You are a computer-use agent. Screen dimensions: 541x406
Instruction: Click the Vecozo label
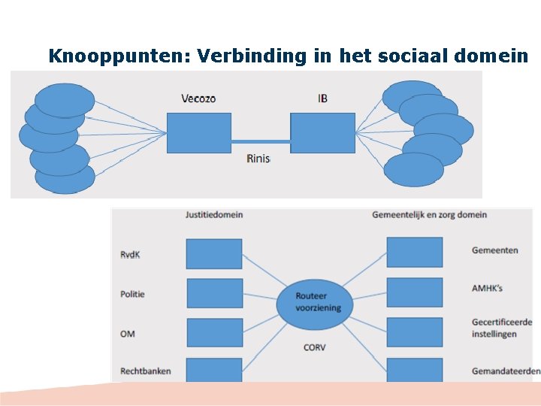(x=198, y=98)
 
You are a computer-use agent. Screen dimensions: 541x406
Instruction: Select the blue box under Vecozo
(x=198, y=133)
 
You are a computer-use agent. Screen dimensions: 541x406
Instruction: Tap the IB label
(x=322, y=98)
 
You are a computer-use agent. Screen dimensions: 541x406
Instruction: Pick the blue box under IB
(x=322, y=133)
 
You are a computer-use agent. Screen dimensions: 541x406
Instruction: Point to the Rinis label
(x=258, y=159)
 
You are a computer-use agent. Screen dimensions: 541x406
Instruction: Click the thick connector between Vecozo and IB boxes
(x=261, y=141)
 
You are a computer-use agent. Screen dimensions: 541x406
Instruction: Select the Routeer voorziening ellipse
(x=313, y=301)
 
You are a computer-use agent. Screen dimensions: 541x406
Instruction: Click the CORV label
(x=314, y=347)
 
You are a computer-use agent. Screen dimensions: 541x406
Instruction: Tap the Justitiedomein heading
(x=214, y=214)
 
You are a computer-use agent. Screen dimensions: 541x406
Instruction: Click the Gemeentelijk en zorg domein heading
(x=429, y=214)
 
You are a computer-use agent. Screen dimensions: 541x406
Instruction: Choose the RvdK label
(x=130, y=255)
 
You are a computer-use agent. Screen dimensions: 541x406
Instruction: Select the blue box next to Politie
(x=214, y=293)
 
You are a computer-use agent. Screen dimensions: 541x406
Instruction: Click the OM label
(x=128, y=333)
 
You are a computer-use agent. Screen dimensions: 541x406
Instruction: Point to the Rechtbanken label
(x=145, y=371)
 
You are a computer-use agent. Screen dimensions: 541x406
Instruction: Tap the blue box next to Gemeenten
(x=414, y=252)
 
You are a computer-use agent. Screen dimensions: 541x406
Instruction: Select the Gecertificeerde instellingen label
(x=501, y=328)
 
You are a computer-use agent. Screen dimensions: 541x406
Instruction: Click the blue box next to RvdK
(x=214, y=254)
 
